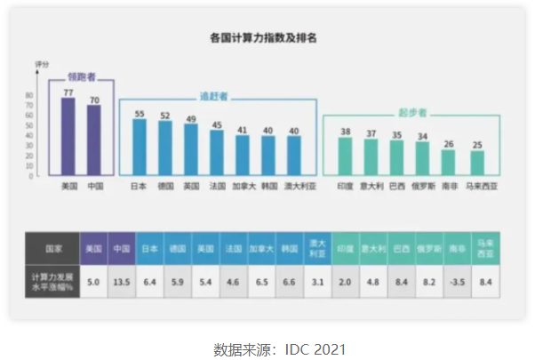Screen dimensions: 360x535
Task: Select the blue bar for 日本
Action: click(x=139, y=147)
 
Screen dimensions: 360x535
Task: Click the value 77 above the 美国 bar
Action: click(x=68, y=92)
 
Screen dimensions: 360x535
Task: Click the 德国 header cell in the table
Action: click(x=178, y=248)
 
